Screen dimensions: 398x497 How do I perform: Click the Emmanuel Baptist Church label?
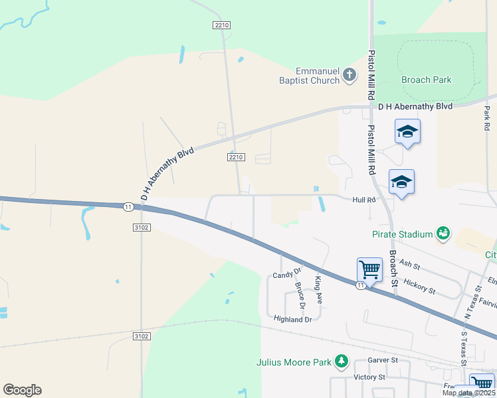tap(318, 76)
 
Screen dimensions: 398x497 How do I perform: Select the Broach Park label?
tap(426, 80)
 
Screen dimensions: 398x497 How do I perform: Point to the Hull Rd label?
tap(364, 199)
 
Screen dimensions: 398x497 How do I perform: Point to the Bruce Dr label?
tap(300, 297)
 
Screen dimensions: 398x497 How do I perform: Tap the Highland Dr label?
tap(292, 319)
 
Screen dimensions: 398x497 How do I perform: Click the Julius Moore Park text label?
tap(294, 362)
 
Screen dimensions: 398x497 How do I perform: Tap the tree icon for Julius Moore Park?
tap(342, 362)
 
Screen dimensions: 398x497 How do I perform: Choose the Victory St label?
tap(369, 377)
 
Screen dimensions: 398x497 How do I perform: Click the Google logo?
tap(22, 390)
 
